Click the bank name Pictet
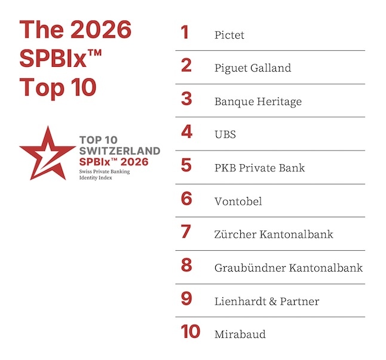[229, 35]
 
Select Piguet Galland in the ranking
[252, 68]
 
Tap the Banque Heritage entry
[258, 101]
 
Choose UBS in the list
[225, 134]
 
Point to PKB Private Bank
[259, 168]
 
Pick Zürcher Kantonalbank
[274, 234]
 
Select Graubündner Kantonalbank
[288, 267]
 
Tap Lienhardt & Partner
[266, 301]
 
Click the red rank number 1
[185, 32]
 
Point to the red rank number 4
[186, 132]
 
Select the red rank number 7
[186, 232]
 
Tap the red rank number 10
[191, 332]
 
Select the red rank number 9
[186, 299]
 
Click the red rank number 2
[186, 66]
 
